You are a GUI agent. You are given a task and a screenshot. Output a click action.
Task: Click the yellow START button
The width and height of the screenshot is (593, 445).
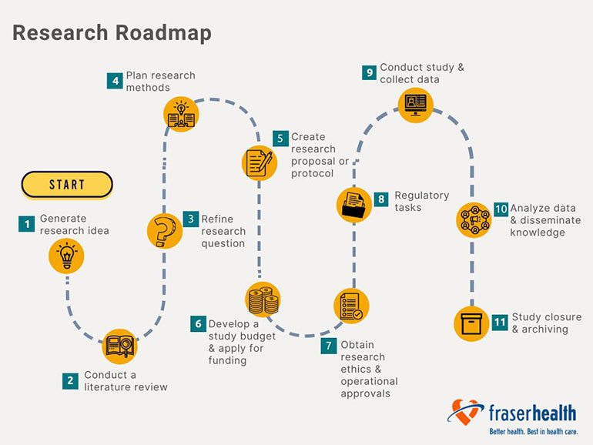pyautogui.click(x=67, y=185)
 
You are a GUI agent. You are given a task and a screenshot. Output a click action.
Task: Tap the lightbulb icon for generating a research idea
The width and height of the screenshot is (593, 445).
pyautogui.click(x=66, y=256)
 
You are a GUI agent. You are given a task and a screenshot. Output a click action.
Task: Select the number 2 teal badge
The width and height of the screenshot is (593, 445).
pyautogui.click(x=70, y=381)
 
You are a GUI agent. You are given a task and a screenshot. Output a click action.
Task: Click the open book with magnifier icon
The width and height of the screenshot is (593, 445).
pyautogui.click(x=119, y=346)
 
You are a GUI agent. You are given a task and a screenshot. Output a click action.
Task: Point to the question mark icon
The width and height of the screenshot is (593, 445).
pyautogui.click(x=165, y=231)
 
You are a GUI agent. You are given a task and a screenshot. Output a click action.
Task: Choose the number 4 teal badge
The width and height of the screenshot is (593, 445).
pyautogui.click(x=115, y=81)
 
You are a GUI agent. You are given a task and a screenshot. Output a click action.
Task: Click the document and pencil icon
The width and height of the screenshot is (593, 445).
pyautogui.click(x=260, y=163)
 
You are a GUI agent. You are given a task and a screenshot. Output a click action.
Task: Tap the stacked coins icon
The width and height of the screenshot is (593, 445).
pyautogui.click(x=263, y=299)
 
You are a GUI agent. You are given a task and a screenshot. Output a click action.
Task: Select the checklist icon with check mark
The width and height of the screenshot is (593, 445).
pyautogui.click(x=351, y=306)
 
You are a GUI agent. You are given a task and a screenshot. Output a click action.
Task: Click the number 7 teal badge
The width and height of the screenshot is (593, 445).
pyautogui.click(x=329, y=346)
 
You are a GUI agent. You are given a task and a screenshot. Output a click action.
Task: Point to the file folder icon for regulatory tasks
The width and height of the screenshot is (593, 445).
pyautogui.click(x=354, y=205)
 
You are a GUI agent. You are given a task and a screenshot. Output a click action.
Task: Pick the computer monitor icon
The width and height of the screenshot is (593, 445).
pyautogui.click(x=416, y=105)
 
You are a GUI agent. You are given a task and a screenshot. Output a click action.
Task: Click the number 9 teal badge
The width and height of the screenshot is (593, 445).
pyautogui.click(x=369, y=72)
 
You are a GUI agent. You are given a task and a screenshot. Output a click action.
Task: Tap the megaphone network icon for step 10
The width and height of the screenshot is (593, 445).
pyautogui.click(x=474, y=219)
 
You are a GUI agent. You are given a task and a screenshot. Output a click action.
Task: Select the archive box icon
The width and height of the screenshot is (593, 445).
pyautogui.click(x=471, y=323)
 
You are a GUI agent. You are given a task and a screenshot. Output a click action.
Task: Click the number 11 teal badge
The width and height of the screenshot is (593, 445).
pyautogui.click(x=500, y=322)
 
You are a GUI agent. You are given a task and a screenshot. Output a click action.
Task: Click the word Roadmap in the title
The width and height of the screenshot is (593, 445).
pyautogui.click(x=163, y=33)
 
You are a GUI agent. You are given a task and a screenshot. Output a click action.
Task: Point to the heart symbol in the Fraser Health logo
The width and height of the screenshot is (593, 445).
pyautogui.click(x=464, y=412)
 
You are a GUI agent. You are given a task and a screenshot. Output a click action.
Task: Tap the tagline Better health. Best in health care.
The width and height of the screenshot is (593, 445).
pyautogui.click(x=534, y=431)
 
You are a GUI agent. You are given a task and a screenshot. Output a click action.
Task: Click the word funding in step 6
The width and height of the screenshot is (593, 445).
pyautogui.click(x=227, y=360)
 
